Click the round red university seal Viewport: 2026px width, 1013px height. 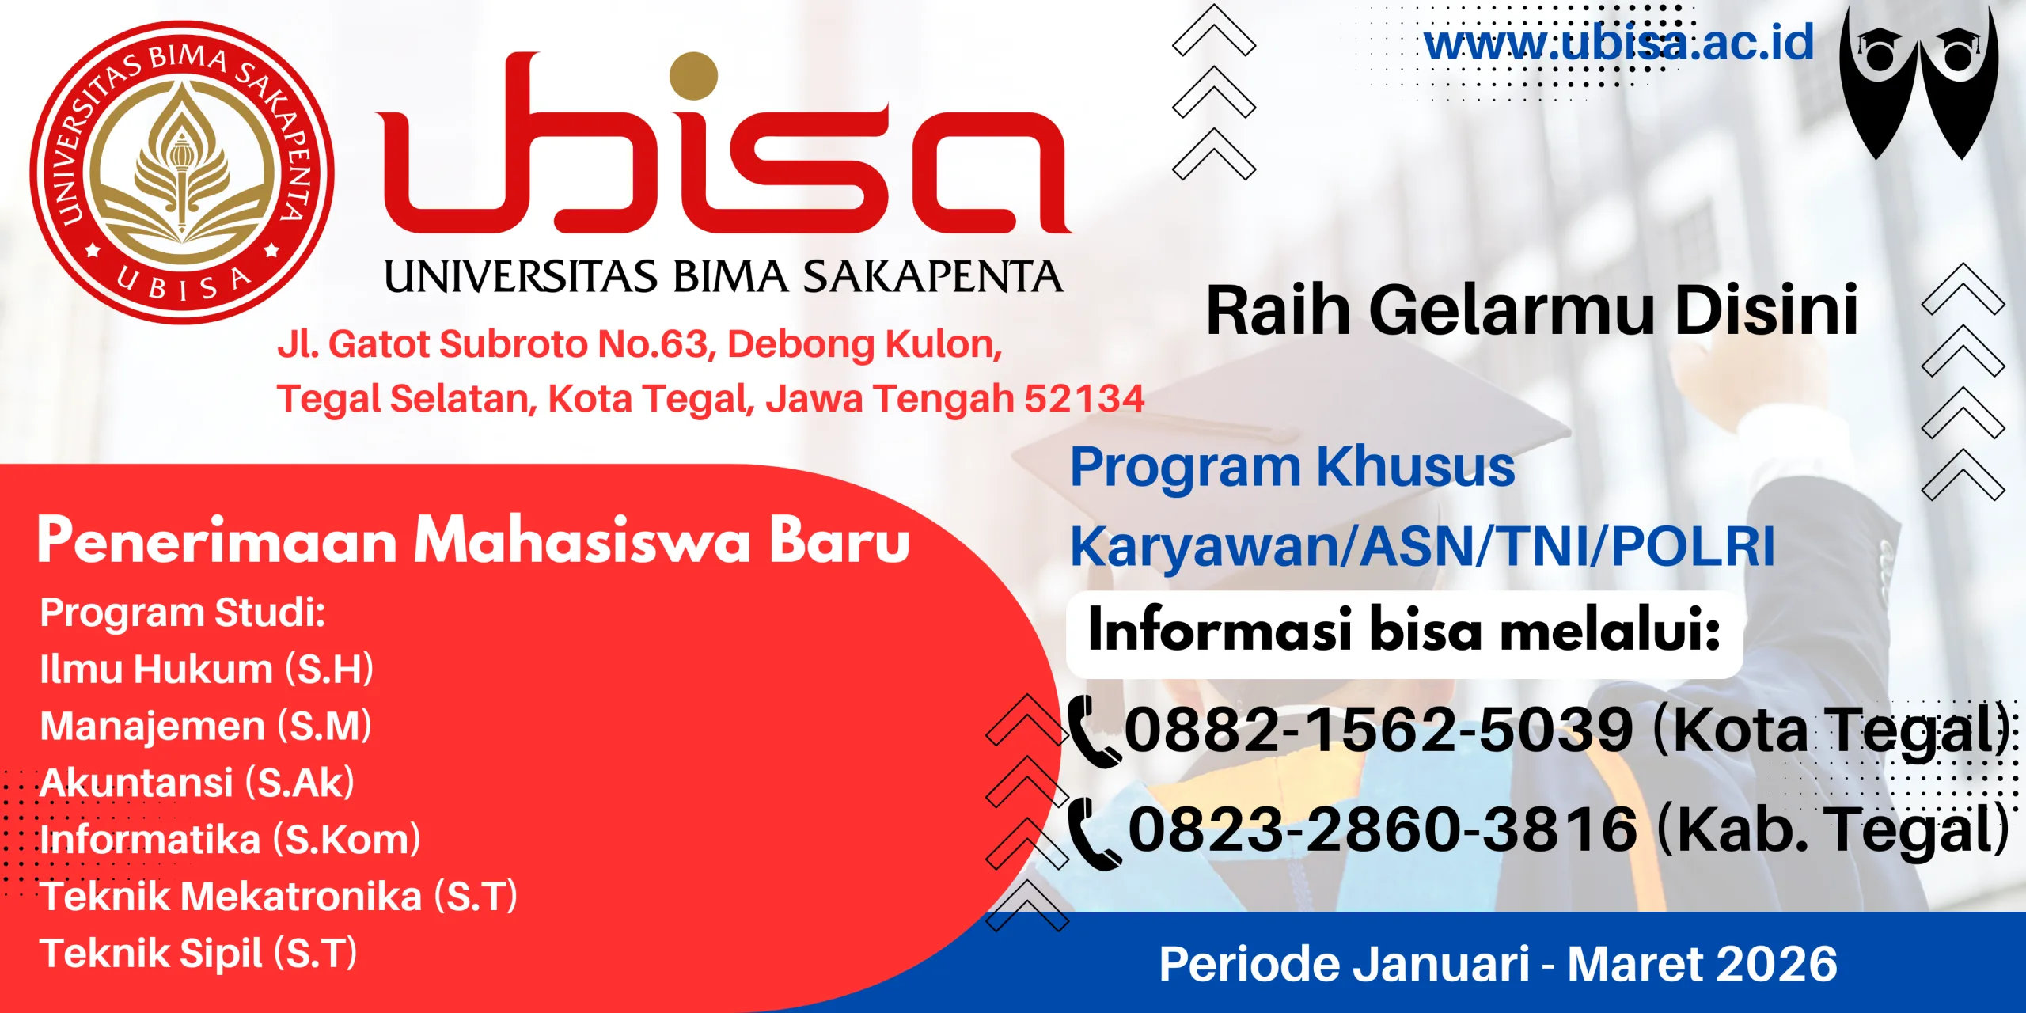pos(182,173)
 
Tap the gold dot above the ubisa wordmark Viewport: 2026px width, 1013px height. pos(693,76)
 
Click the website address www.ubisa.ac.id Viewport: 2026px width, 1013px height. pos(1618,43)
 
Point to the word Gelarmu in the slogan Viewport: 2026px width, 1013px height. pos(1512,310)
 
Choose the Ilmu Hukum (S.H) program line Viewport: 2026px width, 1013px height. pos(207,669)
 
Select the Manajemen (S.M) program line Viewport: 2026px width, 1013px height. pos(206,726)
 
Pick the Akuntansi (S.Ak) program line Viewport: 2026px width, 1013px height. pos(197,783)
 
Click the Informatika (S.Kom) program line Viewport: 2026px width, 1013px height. pos(230,839)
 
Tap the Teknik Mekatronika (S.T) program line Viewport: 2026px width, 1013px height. pos(279,897)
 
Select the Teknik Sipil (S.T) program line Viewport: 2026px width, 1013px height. pos(199,953)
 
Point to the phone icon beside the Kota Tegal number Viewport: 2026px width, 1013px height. pos(1093,732)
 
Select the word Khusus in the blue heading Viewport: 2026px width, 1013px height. pos(1417,467)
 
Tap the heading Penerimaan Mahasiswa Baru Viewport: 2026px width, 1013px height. pos(473,540)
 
